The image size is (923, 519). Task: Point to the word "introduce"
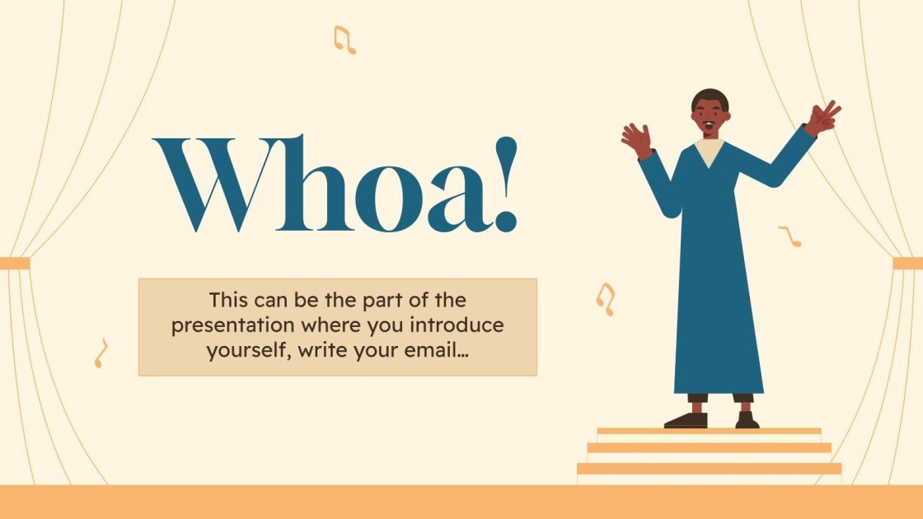click(x=463, y=325)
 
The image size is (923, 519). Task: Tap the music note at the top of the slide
click(x=344, y=40)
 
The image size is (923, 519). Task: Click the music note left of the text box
click(x=101, y=353)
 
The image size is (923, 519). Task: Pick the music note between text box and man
click(x=606, y=299)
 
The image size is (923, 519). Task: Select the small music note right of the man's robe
click(x=790, y=236)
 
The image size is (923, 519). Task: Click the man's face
click(x=710, y=116)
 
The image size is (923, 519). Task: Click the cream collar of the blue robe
click(x=710, y=150)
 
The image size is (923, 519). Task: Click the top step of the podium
click(x=709, y=431)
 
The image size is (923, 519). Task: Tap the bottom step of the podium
click(x=709, y=468)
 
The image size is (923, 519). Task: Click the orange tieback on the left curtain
click(x=15, y=264)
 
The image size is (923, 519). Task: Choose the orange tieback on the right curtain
click(x=907, y=264)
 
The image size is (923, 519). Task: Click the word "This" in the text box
click(x=227, y=300)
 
